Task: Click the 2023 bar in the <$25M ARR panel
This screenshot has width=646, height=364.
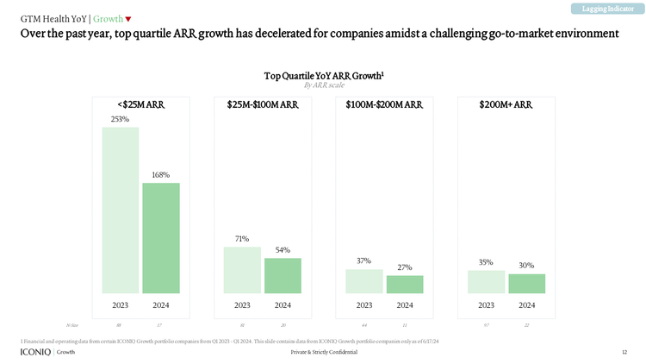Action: pos(120,210)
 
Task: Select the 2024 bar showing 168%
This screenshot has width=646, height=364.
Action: pos(161,238)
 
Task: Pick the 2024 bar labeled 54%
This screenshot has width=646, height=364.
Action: pos(283,276)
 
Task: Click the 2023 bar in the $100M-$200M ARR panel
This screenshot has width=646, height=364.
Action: pos(364,281)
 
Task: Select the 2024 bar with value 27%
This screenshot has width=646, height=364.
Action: pos(405,285)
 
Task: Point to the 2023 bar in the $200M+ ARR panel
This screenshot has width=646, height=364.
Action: pos(487,282)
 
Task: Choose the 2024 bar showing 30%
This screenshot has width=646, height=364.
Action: pos(527,284)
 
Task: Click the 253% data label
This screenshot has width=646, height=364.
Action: pos(120,119)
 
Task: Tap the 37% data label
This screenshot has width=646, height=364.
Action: pos(363,260)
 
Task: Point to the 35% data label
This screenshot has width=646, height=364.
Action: pos(486,261)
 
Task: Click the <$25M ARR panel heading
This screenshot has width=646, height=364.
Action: pos(140,104)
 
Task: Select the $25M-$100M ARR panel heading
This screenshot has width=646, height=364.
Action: pos(263,104)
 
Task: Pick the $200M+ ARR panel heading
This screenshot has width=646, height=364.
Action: pos(506,104)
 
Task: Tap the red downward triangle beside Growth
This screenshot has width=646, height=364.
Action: pos(128,19)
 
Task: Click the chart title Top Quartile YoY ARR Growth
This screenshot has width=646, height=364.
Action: pos(323,76)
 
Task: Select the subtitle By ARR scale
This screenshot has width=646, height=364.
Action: pos(323,85)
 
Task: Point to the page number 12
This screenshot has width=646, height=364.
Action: pos(624,353)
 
